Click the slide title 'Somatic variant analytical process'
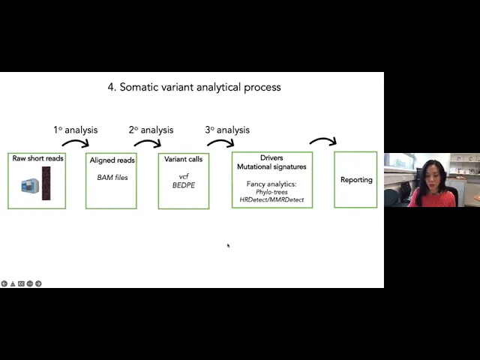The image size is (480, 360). pos(193,87)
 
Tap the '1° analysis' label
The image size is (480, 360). pos(75,130)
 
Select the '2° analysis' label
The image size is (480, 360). pos(151,130)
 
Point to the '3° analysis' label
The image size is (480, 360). pos(227,130)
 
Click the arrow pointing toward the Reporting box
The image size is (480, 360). pos(322,140)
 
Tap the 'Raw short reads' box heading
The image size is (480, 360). pos(37,158)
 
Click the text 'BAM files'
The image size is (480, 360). pos(112,177)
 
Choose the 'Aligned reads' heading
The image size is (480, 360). pos(112,160)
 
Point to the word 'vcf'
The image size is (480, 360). pos(184,176)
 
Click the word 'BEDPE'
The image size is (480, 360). pos(184,184)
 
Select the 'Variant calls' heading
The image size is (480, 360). pos(184,159)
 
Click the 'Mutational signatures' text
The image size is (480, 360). pos(271,166)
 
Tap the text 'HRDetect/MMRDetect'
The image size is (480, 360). pos(271,200)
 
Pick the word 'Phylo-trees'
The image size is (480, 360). pos(271,192)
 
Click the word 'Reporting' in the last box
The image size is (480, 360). pos(356,180)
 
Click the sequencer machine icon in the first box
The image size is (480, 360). pos(30,185)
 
